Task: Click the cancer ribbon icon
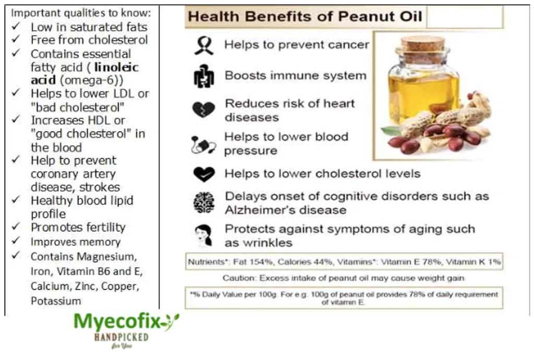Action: (204, 45)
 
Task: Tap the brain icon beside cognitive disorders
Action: (204, 203)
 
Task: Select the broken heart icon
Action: (204, 110)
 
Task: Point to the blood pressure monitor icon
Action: (203, 145)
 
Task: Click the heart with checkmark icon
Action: (204, 174)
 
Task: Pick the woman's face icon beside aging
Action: (204, 235)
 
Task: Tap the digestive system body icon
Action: (204, 76)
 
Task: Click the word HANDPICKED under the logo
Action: (121, 338)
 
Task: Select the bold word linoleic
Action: (116, 67)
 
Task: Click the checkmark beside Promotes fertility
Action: (16, 226)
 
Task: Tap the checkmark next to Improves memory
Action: (16, 241)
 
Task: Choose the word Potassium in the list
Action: (56, 301)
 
